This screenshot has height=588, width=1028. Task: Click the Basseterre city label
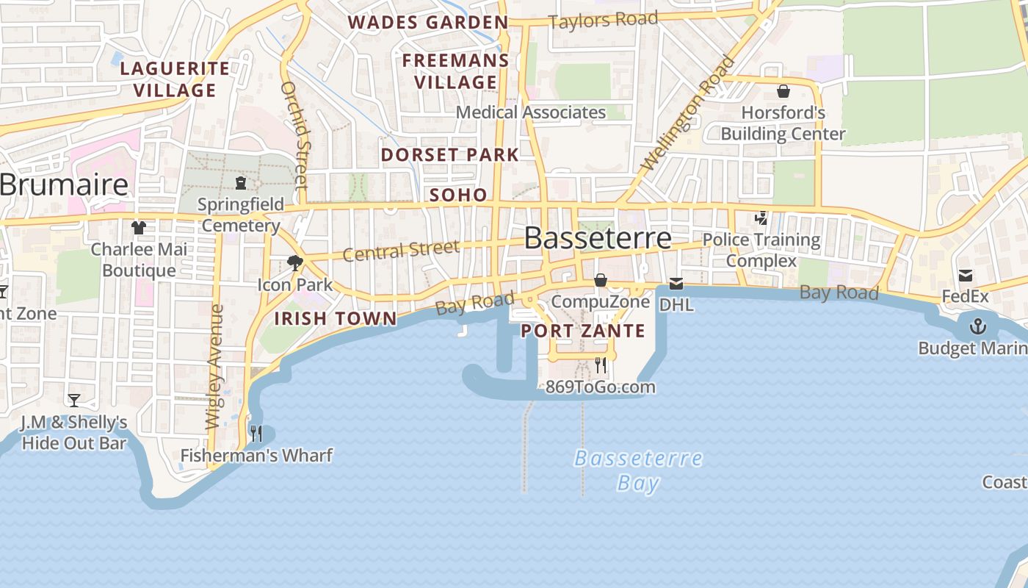(x=598, y=238)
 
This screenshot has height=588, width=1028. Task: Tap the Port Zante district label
(x=583, y=331)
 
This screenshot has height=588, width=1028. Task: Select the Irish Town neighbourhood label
(x=336, y=318)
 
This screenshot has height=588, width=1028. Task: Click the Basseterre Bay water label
(x=637, y=470)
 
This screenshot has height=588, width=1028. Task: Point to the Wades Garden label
(x=428, y=22)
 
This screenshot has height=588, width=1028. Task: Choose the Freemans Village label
(x=455, y=71)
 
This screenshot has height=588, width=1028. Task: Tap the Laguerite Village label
(x=175, y=79)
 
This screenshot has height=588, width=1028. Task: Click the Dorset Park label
(x=450, y=155)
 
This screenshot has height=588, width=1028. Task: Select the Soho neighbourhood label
(x=458, y=195)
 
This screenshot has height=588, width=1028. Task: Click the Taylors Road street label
(x=603, y=20)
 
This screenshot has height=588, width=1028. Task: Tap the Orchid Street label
(x=293, y=135)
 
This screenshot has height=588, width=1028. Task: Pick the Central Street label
(x=401, y=251)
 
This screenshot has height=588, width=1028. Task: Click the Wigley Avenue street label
(x=215, y=367)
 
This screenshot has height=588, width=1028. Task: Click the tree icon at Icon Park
(x=295, y=262)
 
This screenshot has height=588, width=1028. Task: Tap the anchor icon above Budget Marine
(x=978, y=326)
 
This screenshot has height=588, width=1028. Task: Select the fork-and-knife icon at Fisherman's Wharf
(x=256, y=434)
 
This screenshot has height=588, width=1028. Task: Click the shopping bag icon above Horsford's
(x=783, y=91)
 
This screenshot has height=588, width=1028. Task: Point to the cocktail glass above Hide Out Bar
(x=74, y=401)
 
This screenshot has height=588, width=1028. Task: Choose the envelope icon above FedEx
(x=966, y=276)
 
